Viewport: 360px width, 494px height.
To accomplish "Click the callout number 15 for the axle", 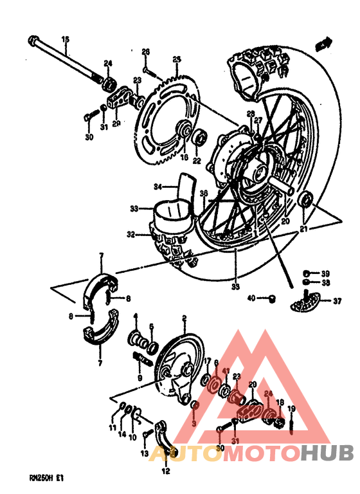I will coord(64,40).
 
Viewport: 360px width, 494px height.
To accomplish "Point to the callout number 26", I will coord(145,51).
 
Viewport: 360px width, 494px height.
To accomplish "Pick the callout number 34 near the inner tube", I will coord(156,187).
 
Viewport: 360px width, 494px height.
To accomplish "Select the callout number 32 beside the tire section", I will coord(130,235).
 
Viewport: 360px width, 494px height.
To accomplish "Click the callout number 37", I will coord(336,299).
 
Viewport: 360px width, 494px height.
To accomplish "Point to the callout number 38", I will coord(326,282).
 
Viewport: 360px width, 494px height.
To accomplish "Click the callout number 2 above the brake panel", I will coord(184,318).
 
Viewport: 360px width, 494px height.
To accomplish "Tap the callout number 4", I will coord(136,316).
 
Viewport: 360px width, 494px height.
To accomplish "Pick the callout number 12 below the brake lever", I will coord(166,471).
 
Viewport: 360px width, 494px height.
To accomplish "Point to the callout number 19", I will coord(291,409).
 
